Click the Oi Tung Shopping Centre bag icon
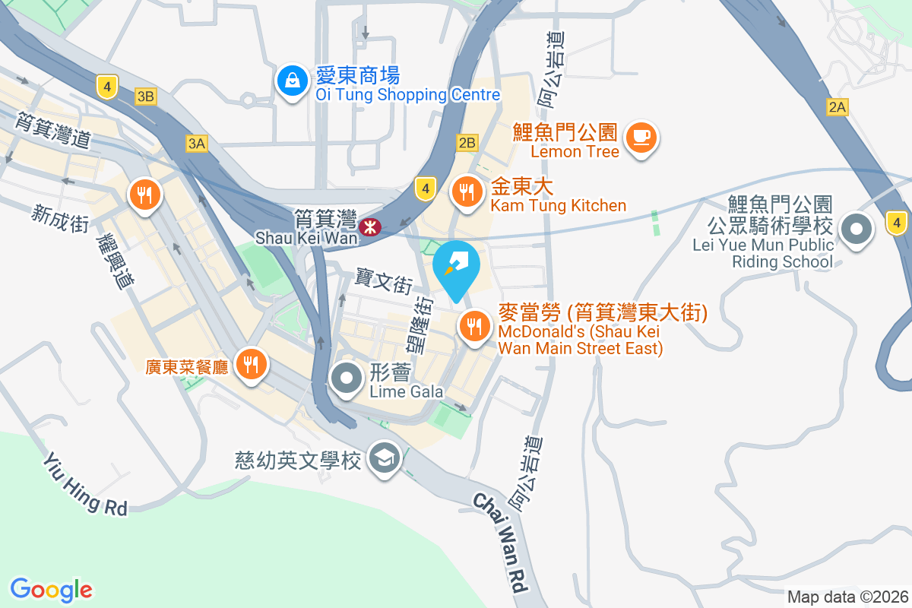point(290,82)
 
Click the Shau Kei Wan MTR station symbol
point(370,226)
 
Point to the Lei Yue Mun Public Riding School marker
point(857,230)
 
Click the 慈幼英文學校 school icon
point(384,458)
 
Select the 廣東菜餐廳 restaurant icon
point(250,364)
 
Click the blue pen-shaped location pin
point(456,267)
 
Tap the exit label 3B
point(145,97)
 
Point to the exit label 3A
point(196,143)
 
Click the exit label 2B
point(467,142)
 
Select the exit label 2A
point(837,108)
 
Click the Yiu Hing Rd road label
point(84,484)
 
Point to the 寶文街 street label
point(384,283)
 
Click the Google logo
point(52,589)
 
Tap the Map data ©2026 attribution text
point(847,597)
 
